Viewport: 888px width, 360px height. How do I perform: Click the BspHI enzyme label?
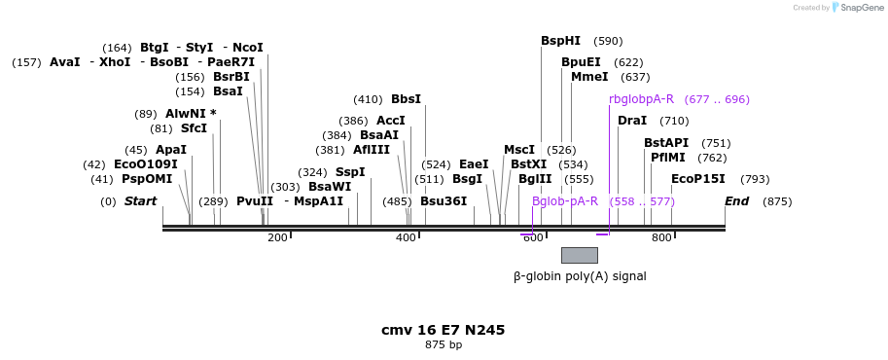(x=560, y=41)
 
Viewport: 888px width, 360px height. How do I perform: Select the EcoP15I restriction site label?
(x=697, y=179)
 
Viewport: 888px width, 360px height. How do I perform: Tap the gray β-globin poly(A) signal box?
(x=579, y=255)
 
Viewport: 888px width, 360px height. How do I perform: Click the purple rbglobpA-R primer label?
(x=641, y=99)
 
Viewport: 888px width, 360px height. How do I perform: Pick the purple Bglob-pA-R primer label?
(x=565, y=201)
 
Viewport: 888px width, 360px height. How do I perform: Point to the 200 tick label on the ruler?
(x=277, y=237)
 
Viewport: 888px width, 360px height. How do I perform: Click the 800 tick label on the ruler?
(x=661, y=237)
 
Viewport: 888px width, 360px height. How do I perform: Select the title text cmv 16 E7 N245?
(x=443, y=330)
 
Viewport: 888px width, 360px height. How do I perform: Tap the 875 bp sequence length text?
(x=443, y=345)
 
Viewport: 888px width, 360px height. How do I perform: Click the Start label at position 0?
(x=140, y=201)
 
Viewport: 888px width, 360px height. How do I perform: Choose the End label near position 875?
(x=736, y=201)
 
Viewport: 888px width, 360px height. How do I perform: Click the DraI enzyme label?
(x=632, y=121)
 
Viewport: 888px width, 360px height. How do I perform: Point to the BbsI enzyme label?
(x=406, y=99)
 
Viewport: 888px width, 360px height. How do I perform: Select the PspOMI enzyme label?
(x=147, y=179)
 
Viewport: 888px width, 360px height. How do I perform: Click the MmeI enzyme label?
(x=589, y=77)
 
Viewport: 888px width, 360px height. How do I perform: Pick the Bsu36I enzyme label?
(x=444, y=201)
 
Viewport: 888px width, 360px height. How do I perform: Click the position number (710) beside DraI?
(x=674, y=121)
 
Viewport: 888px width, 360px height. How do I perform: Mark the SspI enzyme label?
(x=350, y=172)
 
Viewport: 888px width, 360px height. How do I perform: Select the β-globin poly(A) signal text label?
(x=580, y=276)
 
